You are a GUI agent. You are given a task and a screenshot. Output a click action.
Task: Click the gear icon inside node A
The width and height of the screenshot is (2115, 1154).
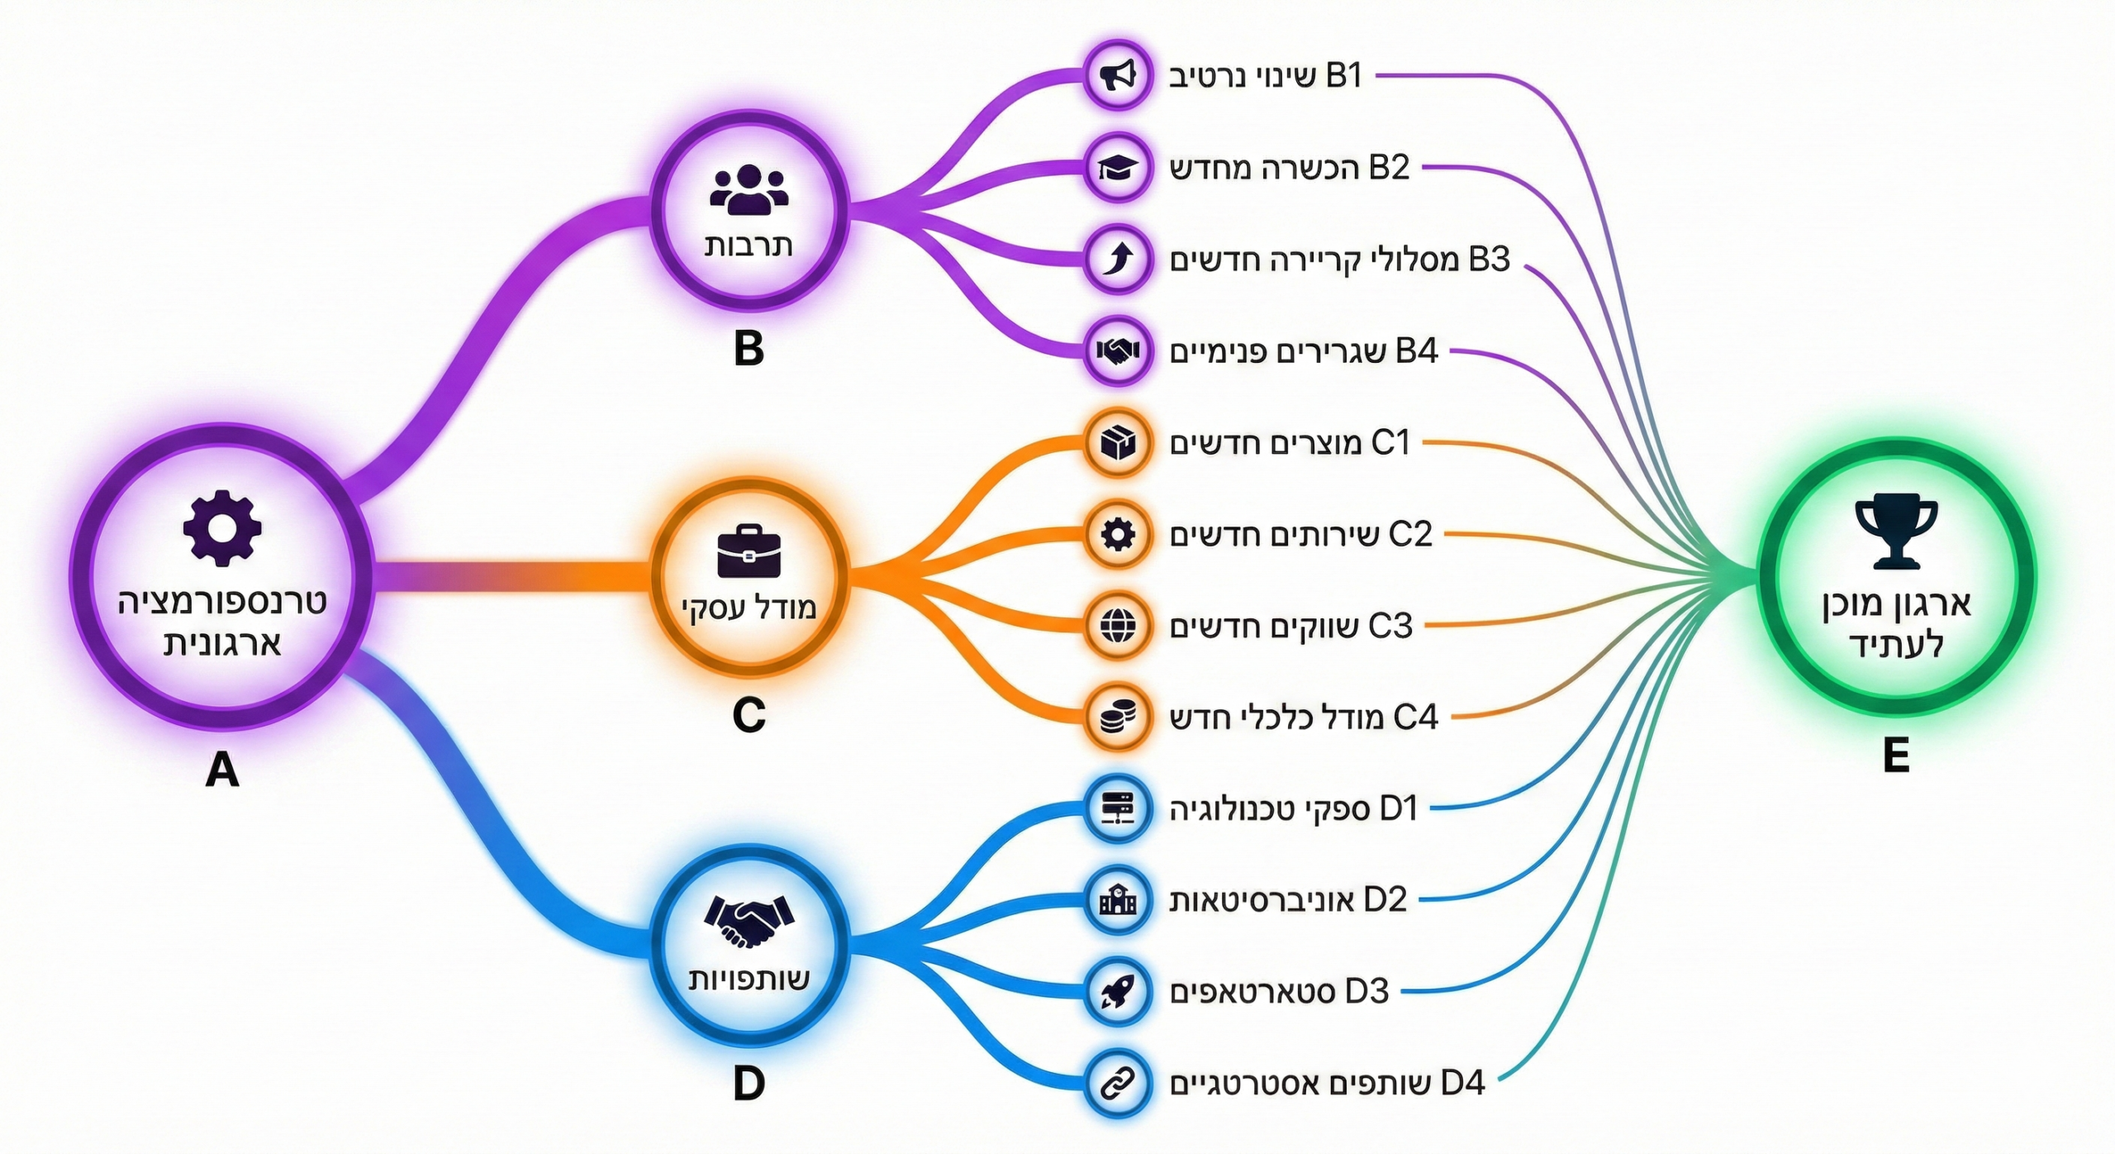pyautogui.click(x=221, y=528)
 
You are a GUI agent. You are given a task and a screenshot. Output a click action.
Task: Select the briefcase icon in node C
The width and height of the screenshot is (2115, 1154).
pyautogui.click(x=749, y=552)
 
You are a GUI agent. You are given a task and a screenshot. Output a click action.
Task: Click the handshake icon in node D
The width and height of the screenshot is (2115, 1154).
pyautogui.click(x=749, y=922)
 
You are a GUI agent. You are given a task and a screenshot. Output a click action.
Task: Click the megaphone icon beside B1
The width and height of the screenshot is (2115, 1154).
pyautogui.click(x=1117, y=75)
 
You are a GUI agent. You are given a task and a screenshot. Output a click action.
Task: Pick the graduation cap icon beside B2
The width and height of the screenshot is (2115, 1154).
pyautogui.click(x=1117, y=168)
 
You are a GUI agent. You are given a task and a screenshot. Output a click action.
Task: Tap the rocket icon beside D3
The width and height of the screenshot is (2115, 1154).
pyautogui.click(x=1117, y=991)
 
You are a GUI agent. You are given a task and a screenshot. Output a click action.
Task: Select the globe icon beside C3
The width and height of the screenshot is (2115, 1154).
pyautogui.click(x=1117, y=626)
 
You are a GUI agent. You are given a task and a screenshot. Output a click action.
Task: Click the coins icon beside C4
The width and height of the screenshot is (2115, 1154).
pyautogui.click(x=1117, y=717)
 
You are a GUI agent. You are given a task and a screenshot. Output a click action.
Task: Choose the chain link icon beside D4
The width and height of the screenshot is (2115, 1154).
pyautogui.click(x=1117, y=1083)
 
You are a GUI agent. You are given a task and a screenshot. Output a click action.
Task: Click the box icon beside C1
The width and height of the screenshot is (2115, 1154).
pyautogui.click(x=1117, y=443)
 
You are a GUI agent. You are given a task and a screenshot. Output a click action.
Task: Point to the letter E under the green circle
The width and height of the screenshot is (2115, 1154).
pyautogui.click(x=1896, y=756)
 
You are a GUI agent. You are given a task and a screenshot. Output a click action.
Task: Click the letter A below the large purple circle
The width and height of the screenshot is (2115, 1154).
pyautogui.click(x=221, y=770)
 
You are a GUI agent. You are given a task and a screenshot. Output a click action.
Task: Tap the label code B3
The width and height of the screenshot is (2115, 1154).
pyautogui.click(x=1489, y=260)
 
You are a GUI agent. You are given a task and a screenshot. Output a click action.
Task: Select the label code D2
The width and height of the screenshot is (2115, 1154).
pyautogui.click(x=1385, y=899)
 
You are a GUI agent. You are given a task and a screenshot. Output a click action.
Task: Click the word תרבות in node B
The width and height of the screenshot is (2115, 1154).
pyautogui.click(x=749, y=246)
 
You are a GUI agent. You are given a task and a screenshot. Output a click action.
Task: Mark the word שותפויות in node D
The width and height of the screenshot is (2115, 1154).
pyautogui.click(x=749, y=980)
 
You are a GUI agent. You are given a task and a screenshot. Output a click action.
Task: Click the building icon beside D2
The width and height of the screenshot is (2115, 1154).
pyautogui.click(x=1117, y=899)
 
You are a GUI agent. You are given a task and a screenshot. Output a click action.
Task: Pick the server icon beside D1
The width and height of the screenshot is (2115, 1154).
pyautogui.click(x=1117, y=808)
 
